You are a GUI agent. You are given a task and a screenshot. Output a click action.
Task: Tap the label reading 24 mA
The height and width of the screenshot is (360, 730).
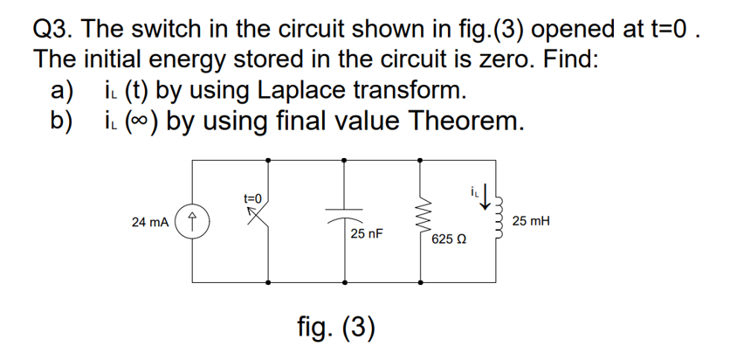(x=151, y=222)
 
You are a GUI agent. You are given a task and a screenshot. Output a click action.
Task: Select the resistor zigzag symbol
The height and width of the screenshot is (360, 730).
(x=423, y=221)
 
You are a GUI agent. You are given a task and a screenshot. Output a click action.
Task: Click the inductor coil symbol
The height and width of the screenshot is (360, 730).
(x=500, y=221)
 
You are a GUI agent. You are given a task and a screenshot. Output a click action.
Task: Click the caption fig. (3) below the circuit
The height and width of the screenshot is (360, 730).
(x=335, y=327)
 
